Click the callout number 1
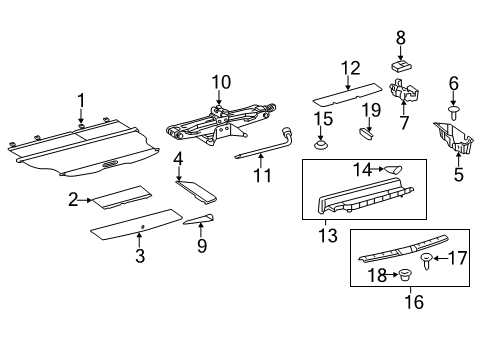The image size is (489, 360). click(82, 101)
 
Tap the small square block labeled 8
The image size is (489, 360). click(400, 66)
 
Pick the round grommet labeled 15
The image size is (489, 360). click(322, 147)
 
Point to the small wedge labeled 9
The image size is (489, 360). click(198, 221)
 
